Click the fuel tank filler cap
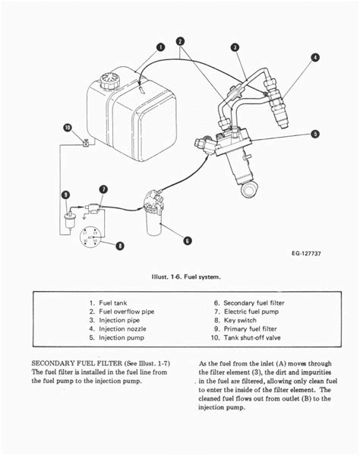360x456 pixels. tap(109, 81)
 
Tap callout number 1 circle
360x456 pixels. tap(160, 47)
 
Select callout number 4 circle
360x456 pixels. tap(315, 57)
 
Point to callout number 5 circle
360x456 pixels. tap(315, 134)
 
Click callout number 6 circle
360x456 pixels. tap(188, 241)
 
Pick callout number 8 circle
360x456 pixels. tap(120, 246)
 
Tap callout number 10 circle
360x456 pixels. tap(68, 128)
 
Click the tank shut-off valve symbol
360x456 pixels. tap(86, 144)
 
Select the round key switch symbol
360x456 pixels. tap(91, 237)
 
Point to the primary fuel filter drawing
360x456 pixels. tap(69, 221)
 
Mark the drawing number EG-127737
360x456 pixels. tap(306, 253)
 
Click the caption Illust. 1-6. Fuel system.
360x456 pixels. tap(186, 277)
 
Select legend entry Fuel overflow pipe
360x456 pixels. tap(126, 312)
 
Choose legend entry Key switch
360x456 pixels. tap(240, 320)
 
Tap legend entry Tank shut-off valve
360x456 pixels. tap(252, 337)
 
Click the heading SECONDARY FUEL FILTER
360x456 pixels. tap(77, 363)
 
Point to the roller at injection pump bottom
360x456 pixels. tap(248, 189)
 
